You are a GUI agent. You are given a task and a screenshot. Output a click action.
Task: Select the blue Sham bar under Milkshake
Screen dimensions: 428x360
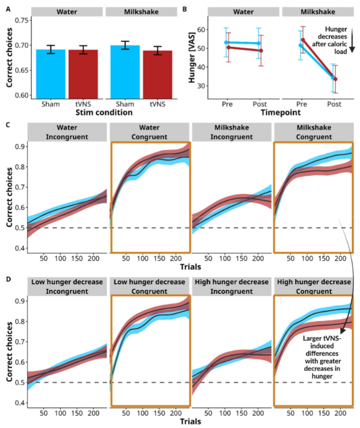click(125, 71)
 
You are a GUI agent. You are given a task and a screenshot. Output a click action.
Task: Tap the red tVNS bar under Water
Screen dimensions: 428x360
click(82, 73)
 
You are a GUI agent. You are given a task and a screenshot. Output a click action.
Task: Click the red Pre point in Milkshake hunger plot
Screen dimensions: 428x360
click(302, 40)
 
